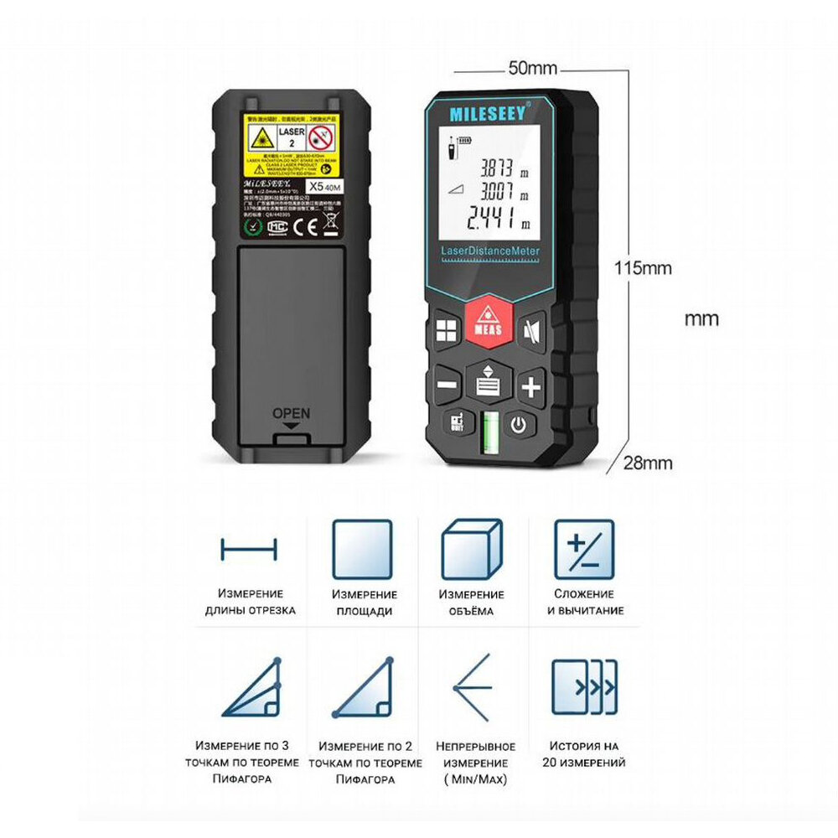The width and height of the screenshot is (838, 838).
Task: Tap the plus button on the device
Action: pos(530,387)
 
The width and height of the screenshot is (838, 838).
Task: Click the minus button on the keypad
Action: pos(447,386)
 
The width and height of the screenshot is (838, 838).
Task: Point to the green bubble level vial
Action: pos(489,431)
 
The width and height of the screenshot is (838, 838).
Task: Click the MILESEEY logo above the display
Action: pos(488,112)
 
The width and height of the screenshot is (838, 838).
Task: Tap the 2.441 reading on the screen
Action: pos(493,222)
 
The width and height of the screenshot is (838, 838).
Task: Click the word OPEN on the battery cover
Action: pos(291,413)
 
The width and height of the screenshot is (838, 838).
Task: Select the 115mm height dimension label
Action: pos(644,268)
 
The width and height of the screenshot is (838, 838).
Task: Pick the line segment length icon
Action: pos(248,551)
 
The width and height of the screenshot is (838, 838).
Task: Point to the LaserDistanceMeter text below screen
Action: pos(490,251)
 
